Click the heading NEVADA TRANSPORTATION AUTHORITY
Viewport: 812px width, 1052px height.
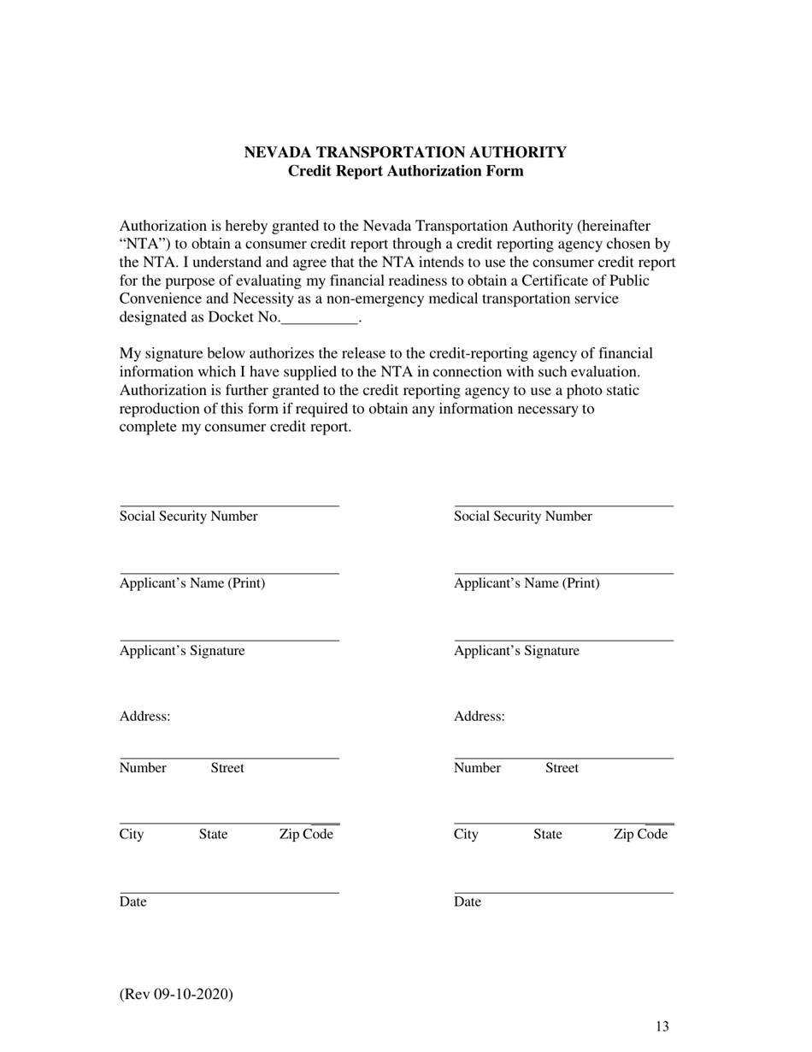pos(405,152)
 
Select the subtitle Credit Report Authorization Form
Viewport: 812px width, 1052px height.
pos(405,171)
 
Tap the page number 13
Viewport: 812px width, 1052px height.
pos(662,1027)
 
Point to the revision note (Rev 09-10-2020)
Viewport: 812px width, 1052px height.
pos(176,994)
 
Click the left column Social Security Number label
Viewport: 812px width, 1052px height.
pos(188,517)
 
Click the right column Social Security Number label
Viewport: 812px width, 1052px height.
pos(522,517)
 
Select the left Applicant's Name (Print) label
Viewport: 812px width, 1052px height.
pos(192,583)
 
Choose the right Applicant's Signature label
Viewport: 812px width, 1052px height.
pos(516,651)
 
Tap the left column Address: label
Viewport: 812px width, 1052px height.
pos(144,717)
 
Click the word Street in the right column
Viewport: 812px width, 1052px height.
pos(562,768)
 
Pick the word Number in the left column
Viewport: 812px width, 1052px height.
pos(143,768)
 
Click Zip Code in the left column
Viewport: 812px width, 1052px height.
pos(306,835)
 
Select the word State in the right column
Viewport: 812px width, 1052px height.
pos(547,835)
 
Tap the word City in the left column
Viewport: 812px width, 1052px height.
pos(132,835)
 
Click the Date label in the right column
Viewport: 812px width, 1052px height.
pos(468,902)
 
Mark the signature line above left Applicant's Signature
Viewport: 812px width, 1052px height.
pos(229,640)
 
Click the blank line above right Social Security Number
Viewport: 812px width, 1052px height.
pos(563,505)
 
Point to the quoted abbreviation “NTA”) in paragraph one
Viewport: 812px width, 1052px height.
pos(146,245)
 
